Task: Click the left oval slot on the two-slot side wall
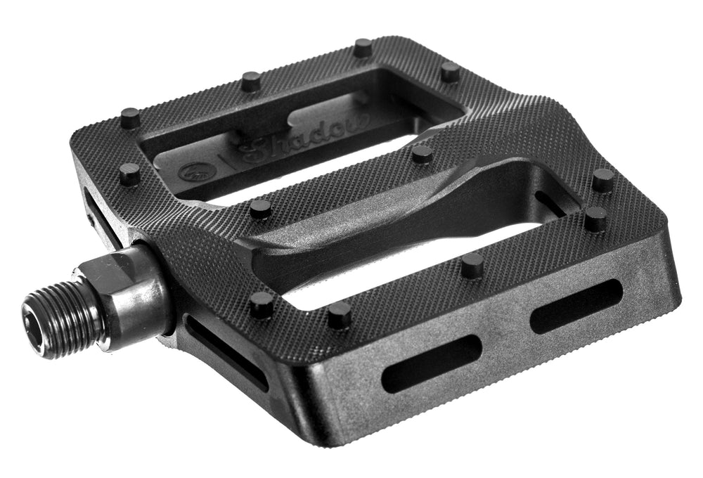[x=431, y=363]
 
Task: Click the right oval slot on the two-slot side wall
[x=576, y=306]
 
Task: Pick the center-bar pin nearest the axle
[x=260, y=208]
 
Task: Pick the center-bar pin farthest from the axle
[x=422, y=154]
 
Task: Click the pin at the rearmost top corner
[x=363, y=48]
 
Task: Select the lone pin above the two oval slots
[x=472, y=265]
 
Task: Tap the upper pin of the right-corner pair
[x=602, y=180]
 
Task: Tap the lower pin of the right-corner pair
[x=595, y=219]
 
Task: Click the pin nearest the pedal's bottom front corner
[x=340, y=316]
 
